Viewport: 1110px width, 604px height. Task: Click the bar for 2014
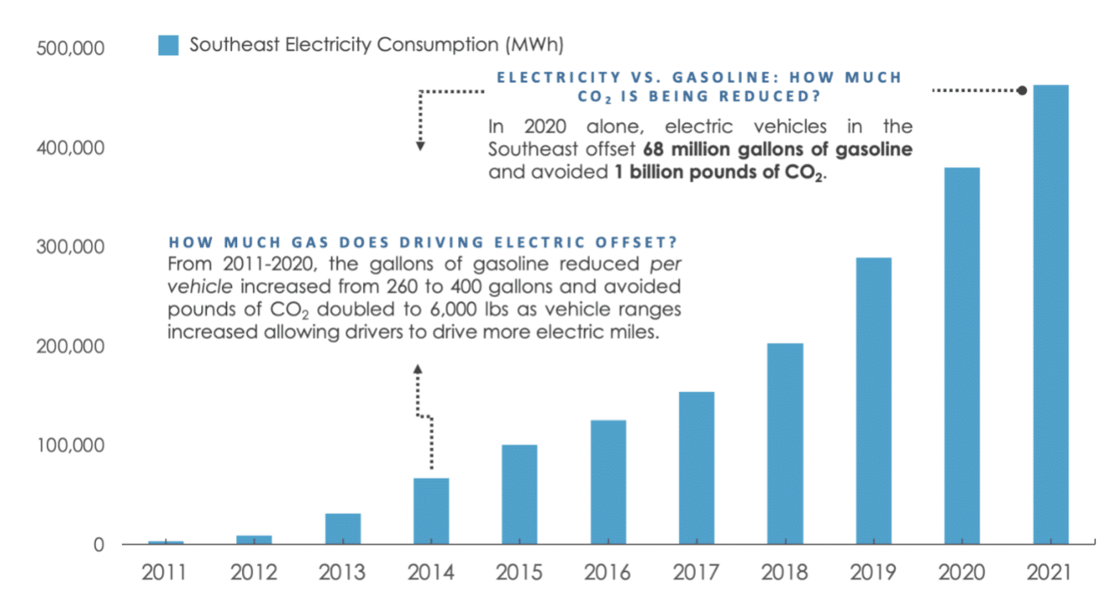point(431,511)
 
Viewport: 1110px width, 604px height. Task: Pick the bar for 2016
point(608,482)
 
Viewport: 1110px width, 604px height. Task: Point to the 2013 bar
point(343,529)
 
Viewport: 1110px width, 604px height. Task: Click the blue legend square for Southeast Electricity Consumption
point(169,45)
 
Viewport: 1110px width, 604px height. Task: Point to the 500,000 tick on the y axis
point(70,48)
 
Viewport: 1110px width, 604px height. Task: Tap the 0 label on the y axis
point(98,546)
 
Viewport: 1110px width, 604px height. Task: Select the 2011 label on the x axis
point(165,574)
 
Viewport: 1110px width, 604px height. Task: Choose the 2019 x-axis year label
point(874,574)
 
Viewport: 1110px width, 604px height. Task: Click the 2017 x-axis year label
point(697,574)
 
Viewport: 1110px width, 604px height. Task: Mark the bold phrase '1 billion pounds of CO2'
point(714,174)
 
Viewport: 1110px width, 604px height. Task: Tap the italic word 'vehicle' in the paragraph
point(204,287)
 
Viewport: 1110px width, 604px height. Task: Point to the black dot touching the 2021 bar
point(1022,90)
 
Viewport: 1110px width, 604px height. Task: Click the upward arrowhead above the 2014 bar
point(418,367)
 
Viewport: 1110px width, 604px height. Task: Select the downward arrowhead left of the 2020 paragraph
point(421,147)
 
